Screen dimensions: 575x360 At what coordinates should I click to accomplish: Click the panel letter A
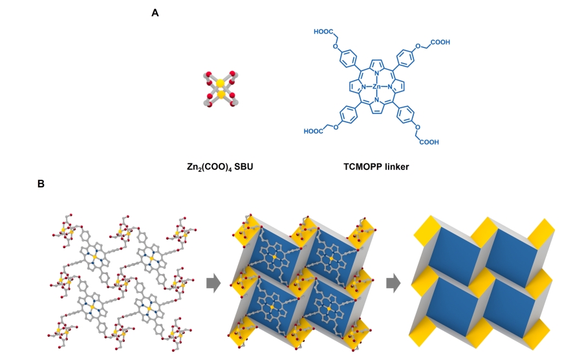coord(155,13)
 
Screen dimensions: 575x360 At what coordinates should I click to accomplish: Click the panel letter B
coord(41,184)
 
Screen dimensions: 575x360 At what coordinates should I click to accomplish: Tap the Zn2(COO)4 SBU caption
coord(220,167)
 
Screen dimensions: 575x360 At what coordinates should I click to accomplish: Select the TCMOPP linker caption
coord(376,167)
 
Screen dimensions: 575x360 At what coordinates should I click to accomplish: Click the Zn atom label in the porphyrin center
coord(376,87)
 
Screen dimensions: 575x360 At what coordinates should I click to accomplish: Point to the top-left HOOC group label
coord(323,32)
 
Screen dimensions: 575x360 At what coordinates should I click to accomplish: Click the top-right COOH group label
coord(440,42)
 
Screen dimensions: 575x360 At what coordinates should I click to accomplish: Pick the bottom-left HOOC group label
coord(314,131)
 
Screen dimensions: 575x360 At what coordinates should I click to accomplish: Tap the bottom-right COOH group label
coord(429,142)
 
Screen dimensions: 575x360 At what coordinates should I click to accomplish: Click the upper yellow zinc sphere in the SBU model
coord(220,83)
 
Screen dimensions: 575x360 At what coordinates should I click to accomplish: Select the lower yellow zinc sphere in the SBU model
coord(221,94)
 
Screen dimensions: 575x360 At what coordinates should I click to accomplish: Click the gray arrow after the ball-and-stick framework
coord(213,283)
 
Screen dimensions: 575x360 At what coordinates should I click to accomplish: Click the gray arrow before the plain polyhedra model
coord(393,283)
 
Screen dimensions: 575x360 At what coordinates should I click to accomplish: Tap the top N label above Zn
coord(376,74)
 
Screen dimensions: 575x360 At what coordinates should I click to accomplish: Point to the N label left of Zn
coord(363,87)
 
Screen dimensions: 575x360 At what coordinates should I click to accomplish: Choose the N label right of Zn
coord(390,87)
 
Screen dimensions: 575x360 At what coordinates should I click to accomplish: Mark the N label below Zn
coord(376,100)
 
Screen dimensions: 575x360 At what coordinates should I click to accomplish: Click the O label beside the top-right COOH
coord(418,46)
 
